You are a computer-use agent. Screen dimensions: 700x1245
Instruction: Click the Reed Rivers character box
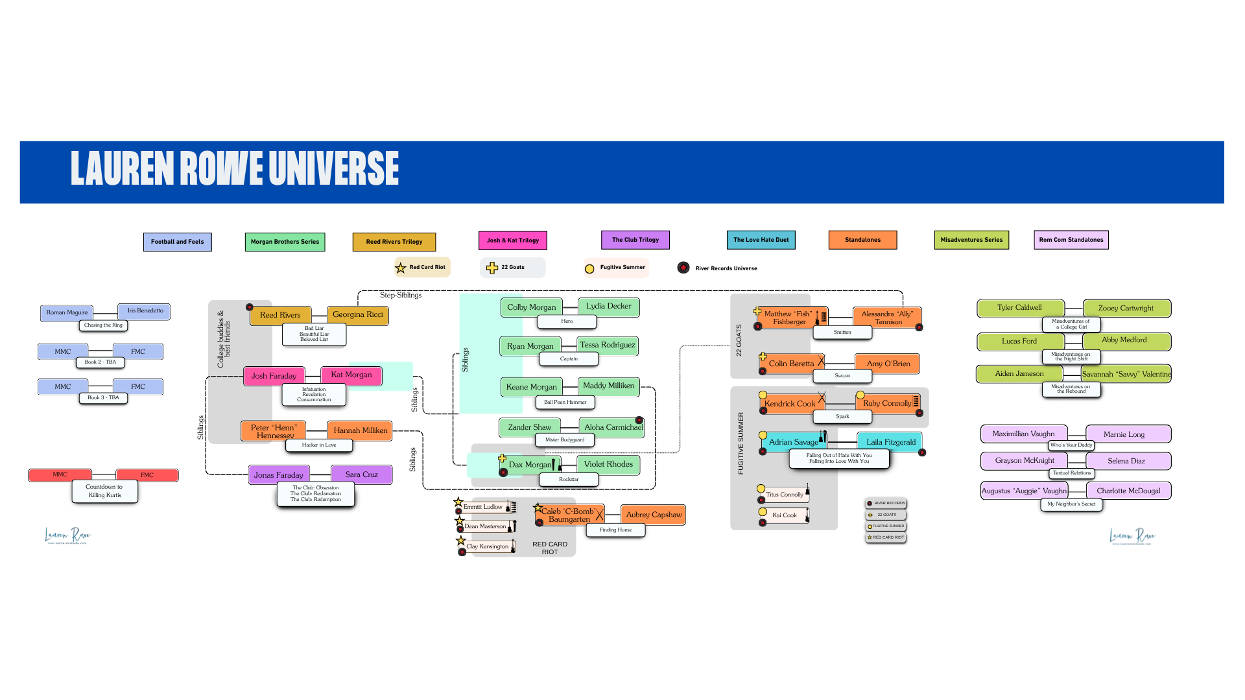pyautogui.click(x=280, y=315)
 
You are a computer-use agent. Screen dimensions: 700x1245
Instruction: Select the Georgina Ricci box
pyautogui.click(x=357, y=314)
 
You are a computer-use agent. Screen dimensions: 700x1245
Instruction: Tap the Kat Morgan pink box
pyautogui.click(x=351, y=375)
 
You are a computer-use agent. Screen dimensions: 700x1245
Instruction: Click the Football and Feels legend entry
pyautogui.click(x=177, y=242)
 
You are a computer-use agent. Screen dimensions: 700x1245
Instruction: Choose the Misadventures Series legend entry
pyautogui.click(x=971, y=240)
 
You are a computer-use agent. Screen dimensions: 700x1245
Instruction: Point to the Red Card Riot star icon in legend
pyautogui.click(x=401, y=268)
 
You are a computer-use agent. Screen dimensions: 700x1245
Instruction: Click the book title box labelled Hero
pyautogui.click(x=567, y=321)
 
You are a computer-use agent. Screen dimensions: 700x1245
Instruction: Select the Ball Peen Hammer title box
pyautogui.click(x=565, y=402)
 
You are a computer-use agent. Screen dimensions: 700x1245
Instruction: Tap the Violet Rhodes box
pyautogui.click(x=608, y=464)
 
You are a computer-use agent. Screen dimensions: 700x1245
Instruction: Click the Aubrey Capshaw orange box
pyautogui.click(x=653, y=515)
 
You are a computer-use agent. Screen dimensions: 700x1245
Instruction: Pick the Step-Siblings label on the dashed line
pyautogui.click(x=401, y=296)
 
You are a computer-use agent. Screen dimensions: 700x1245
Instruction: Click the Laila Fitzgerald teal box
pyautogui.click(x=890, y=442)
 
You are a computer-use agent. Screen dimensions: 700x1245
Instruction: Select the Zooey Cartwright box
pyautogui.click(x=1126, y=309)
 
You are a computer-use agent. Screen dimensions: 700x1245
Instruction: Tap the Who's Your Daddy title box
pyautogui.click(x=1071, y=445)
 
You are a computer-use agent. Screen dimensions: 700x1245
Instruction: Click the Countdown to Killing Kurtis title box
pyautogui.click(x=104, y=491)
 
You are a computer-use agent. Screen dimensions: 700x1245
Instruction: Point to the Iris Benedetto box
pyautogui.click(x=145, y=311)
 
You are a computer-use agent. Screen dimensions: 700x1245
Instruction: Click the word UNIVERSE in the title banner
pyautogui.click(x=333, y=169)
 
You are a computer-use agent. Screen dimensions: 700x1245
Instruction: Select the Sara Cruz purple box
pyautogui.click(x=361, y=474)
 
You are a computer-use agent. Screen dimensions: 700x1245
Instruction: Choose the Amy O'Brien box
pyautogui.click(x=888, y=364)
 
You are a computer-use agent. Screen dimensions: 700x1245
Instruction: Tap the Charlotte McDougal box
pyautogui.click(x=1128, y=491)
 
